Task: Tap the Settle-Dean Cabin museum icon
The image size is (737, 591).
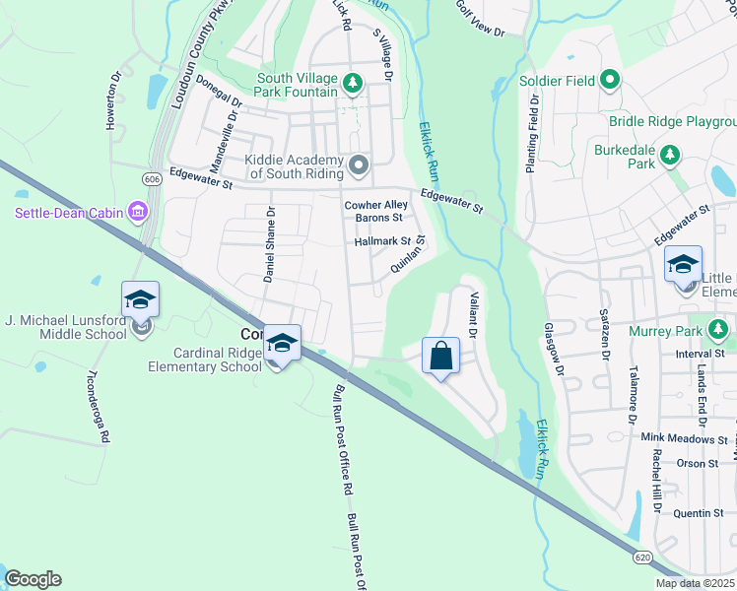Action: click(138, 212)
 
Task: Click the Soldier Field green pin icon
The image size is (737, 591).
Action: click(610, 80)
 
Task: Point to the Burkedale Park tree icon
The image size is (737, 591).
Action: click(670, 155)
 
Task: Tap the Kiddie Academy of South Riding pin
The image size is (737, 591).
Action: click(358, 165)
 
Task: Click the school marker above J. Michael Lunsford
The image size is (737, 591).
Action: click(140, 299)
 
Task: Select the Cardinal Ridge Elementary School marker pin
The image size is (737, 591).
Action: click(282, 343)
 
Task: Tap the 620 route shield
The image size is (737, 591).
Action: click(642, 558)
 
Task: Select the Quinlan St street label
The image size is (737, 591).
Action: click(407, 254)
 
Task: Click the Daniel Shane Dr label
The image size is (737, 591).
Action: click(268, 244)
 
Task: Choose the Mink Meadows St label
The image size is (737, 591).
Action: click(683, 438)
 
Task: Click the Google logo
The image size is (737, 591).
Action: click(33, 579)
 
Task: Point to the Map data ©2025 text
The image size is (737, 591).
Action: click(695, 583)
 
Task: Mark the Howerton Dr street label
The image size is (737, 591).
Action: click(113, 100)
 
